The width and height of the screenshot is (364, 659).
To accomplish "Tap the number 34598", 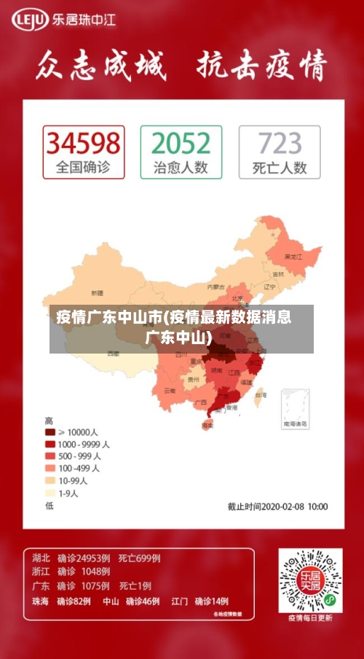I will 83,143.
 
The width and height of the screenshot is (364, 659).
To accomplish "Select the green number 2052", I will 181,143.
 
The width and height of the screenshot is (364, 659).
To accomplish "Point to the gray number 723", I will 280,143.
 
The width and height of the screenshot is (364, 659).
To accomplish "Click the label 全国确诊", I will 83,168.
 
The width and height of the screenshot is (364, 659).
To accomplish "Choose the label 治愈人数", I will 181,168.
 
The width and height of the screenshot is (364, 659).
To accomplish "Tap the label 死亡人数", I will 280,168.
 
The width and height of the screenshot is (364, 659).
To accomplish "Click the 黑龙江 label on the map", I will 293,257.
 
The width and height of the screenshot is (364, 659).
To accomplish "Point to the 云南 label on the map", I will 170,390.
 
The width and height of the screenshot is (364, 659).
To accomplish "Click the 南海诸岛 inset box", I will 295,407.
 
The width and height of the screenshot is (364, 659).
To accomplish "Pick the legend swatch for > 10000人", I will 50,432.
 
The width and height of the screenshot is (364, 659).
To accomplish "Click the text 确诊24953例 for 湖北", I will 84,558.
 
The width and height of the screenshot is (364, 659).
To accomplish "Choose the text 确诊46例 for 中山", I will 143,602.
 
